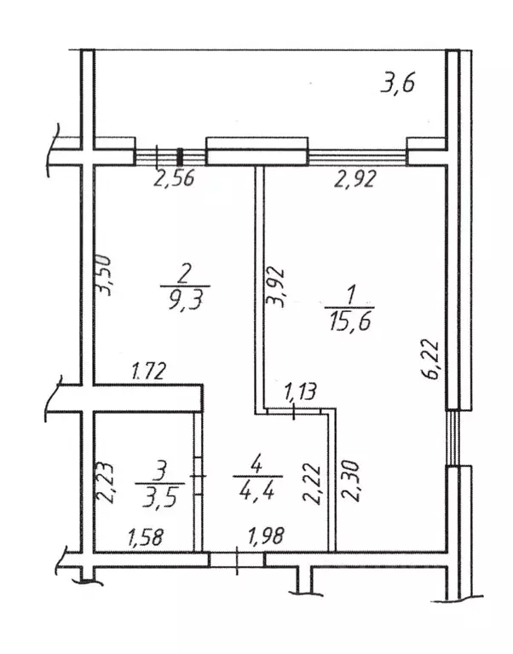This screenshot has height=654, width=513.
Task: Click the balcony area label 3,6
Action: click(398, 84)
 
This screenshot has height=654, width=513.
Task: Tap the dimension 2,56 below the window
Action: click(174, 178)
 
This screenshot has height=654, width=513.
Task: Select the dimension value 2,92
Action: click(355, 178)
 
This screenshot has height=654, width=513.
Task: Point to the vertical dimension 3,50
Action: click(103, 275)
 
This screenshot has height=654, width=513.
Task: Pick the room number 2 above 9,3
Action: click(183, 274)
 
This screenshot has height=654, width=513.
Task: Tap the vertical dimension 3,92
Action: click(277, 287)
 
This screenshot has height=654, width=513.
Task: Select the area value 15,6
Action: click(349, 321)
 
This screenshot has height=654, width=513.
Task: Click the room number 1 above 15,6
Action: click(351, 295)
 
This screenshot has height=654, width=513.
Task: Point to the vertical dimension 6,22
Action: click(431, 360)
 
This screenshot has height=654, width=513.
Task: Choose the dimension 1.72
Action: click(149, 371)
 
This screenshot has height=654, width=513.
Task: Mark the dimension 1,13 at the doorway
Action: click(301, 392)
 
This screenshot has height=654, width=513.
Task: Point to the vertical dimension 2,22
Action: click(312, 483)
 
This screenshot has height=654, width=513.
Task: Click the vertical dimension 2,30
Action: click(350, 481)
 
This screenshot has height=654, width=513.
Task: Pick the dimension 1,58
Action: click(146, 537)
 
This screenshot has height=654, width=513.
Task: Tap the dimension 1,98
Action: click(266, 535)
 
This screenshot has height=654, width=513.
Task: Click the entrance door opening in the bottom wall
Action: click(237, 560)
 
